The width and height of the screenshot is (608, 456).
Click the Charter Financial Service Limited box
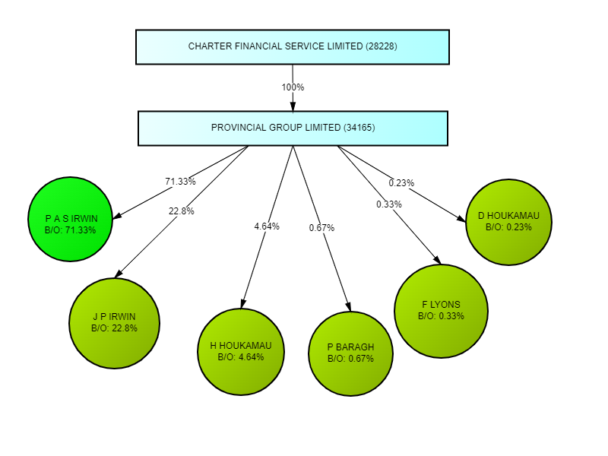point(293,47)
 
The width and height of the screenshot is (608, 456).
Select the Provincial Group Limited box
point(293,128)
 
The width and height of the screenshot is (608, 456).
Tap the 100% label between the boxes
point(293,87)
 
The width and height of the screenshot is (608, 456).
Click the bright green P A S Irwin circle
point(71,219)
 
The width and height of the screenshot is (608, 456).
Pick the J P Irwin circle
point(114,323)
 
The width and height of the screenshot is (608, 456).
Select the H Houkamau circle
point(241,351)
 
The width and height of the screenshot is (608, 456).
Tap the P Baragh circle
point(351,353)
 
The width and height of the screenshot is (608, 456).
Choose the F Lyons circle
point(441,310)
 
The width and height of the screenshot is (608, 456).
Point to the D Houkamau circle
point(508,221)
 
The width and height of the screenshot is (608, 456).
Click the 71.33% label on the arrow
point(180,182)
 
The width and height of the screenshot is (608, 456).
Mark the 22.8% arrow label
point(181,211)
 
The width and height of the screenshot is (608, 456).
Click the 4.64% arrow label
point(267,226)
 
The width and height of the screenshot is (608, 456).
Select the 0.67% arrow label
point(321,228)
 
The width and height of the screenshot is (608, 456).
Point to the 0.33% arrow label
point(389,204)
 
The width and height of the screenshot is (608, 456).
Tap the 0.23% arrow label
point(401,183)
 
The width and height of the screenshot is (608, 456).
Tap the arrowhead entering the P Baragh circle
point(348,306)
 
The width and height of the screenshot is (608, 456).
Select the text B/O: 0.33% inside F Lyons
point(441,316)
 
